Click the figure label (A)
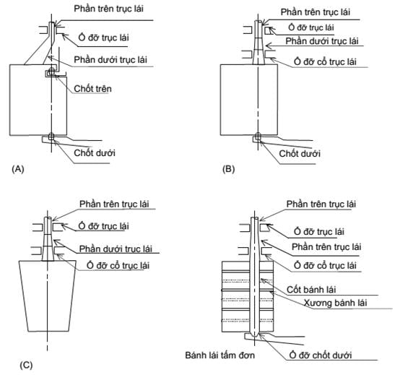click(x=18, y=169)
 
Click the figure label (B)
click(x=229, y=169)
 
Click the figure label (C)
click(x=26, y=366)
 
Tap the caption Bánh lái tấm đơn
click(x=220, y=355)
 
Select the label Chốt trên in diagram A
click(x=93, y=89)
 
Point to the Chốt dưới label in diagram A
click(x=95, y=153)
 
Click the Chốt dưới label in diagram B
click(x=300, y=153)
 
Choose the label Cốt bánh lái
click(x=311, y=290)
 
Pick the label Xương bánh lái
click(x=335, y=303)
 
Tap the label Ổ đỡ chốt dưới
click(x=321, y=355)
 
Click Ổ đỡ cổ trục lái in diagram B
click(x=325, y=61)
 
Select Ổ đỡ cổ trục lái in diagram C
click(x=118, y=265)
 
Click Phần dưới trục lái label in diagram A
click(x=110, y=59)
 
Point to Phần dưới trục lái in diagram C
click(x=116, y=249)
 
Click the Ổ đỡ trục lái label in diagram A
click(x=103, y=38)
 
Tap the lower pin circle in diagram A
click(x=51, y=137)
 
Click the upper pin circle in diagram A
click(x=52, y=72)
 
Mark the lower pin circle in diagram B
click(x=258, y=136)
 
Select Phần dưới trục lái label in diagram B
click(x=322, y=41)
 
